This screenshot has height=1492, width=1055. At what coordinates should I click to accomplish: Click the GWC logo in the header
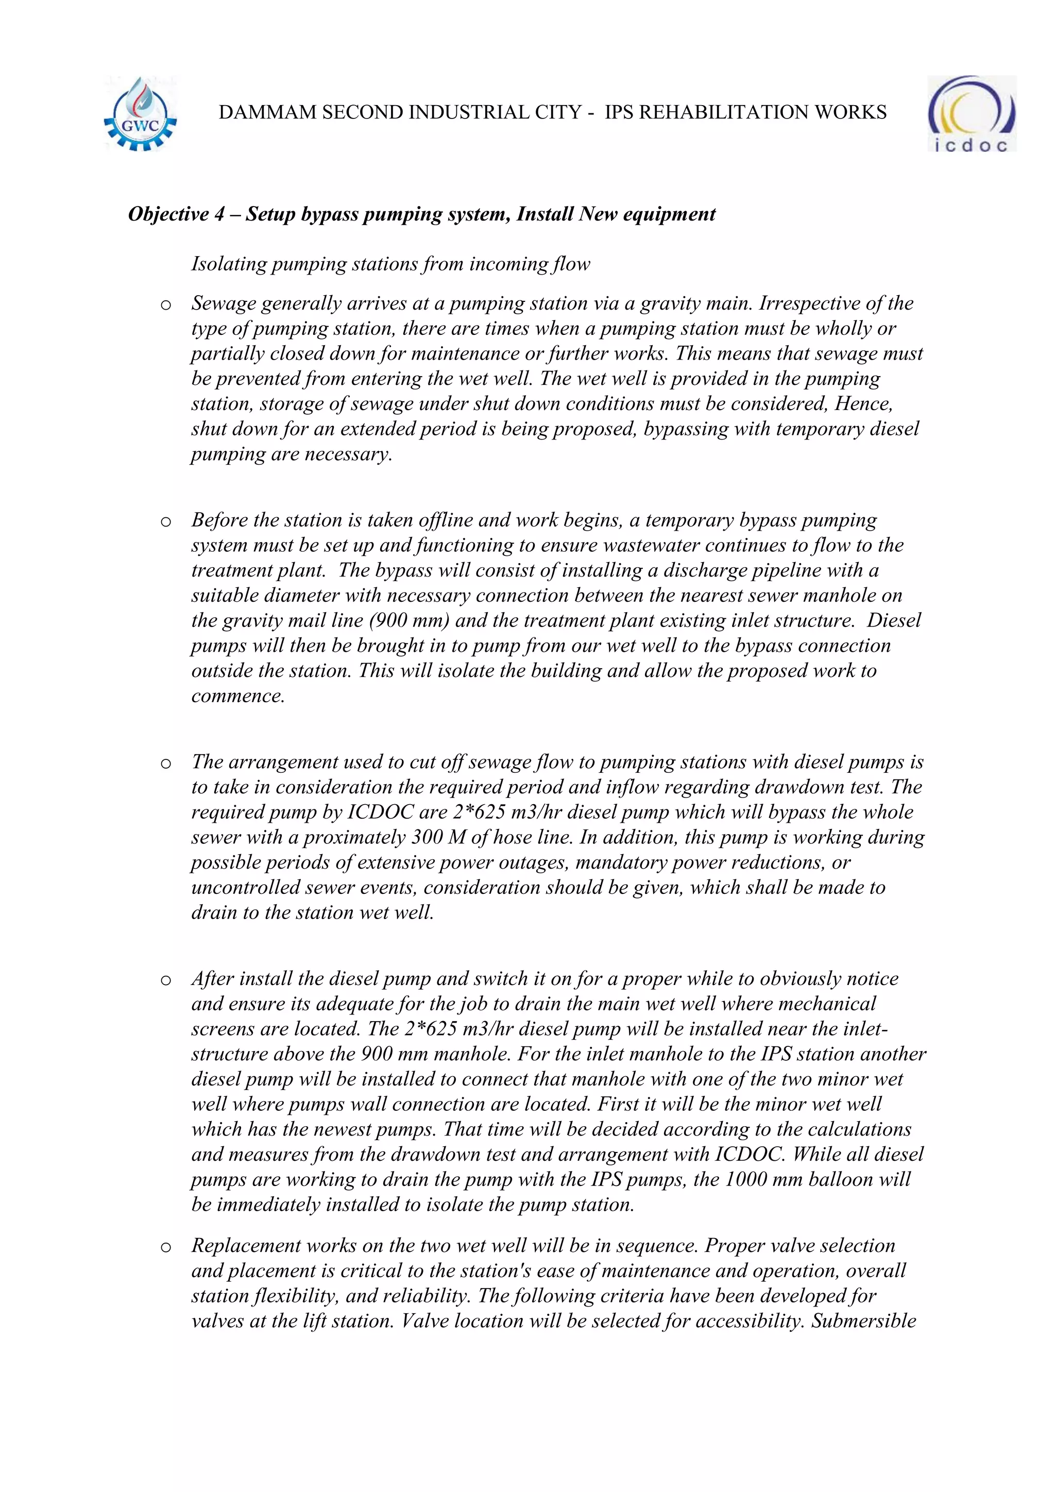click(x=140, y=115)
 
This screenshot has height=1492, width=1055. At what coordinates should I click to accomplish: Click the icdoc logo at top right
click(x=971, y=114)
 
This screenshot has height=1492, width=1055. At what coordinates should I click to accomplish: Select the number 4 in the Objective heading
click(x=219, y=214)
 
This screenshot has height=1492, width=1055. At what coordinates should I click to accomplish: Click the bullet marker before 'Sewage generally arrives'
click(x=166, y=305)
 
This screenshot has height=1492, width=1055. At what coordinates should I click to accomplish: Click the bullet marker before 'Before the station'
click(x=166, y=522)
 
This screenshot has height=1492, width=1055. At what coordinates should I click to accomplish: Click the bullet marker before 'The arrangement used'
click(x=166, y=764)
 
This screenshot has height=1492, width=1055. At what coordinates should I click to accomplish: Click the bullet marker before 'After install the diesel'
click(x=166, y=980)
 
